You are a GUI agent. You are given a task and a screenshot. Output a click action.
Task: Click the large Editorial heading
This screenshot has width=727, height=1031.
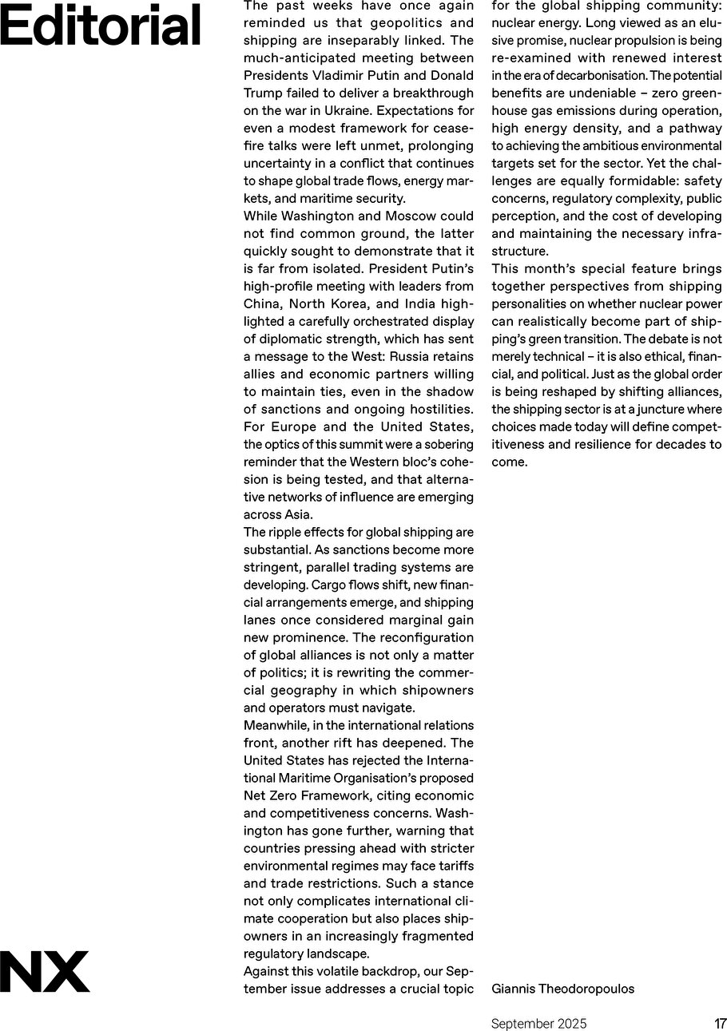pyautogui.click(x=100, y=26)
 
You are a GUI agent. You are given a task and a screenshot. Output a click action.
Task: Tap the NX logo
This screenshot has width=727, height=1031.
pyautogui.click(x=45, y=971)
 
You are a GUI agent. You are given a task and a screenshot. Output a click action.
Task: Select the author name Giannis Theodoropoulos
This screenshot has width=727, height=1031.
pyautogui.click(x=562, y=989)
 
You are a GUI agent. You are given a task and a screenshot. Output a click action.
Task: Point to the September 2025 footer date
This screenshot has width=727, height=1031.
pyautogui.click(x=538, y=1024)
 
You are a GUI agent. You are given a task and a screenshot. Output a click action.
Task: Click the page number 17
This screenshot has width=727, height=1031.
pyautogui.click(x=720, y=1024)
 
